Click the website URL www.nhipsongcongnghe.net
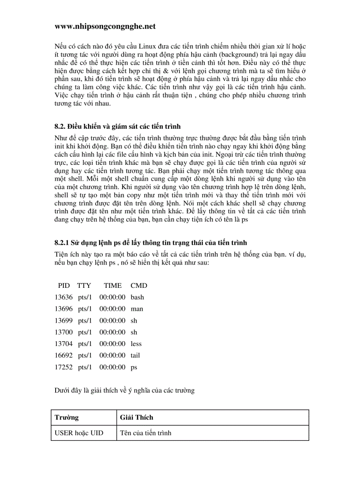(105, 26)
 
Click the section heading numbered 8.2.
(118, 127)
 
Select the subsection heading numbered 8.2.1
(150, 242)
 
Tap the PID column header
(64, 286)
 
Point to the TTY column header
(84, 286)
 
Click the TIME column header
(112, 286)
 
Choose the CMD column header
(139, 286)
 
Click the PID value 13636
(64, 298)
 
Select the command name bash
(137, 298)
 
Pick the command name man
(137, 309)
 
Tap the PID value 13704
(64, 344)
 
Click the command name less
(136, 344)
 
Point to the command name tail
(135, 355)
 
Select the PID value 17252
(64, 367)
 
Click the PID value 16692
(64, 355)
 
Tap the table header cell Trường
(67, 417)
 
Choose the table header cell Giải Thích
(137, 417)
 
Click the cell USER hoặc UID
(79, 433)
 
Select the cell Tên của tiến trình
(146, 433)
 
